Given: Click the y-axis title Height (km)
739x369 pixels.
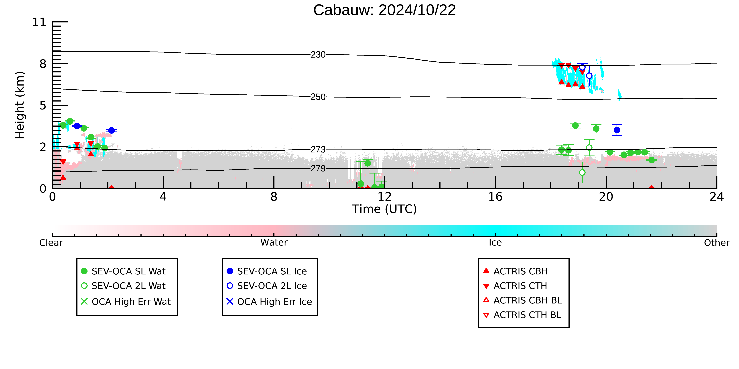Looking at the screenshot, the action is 20,105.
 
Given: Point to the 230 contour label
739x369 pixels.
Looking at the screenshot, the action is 318,54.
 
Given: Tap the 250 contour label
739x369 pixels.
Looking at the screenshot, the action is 318,97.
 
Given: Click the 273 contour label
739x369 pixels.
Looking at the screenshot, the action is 318,149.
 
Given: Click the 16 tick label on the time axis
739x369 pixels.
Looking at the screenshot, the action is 495,197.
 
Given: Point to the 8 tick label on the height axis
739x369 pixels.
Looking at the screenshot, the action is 43,64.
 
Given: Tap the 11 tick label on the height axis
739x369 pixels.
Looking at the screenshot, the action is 39,22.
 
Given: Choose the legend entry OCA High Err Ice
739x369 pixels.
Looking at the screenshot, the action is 269,302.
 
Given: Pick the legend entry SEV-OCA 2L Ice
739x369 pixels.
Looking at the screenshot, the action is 267,286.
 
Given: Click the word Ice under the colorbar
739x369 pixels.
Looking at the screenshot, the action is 495,243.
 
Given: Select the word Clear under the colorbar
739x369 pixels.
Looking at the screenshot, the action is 51,243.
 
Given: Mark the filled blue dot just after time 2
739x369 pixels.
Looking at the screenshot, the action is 112,130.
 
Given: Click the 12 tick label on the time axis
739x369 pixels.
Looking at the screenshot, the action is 384,197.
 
